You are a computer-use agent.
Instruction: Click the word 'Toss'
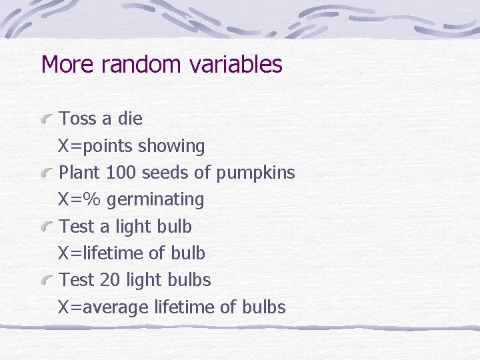[78, 119]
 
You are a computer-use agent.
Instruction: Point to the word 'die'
[130, 119]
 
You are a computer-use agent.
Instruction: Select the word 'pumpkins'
[255, 173]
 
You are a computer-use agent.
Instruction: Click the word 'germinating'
[156, 200]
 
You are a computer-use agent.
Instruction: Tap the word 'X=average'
[103, 307]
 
